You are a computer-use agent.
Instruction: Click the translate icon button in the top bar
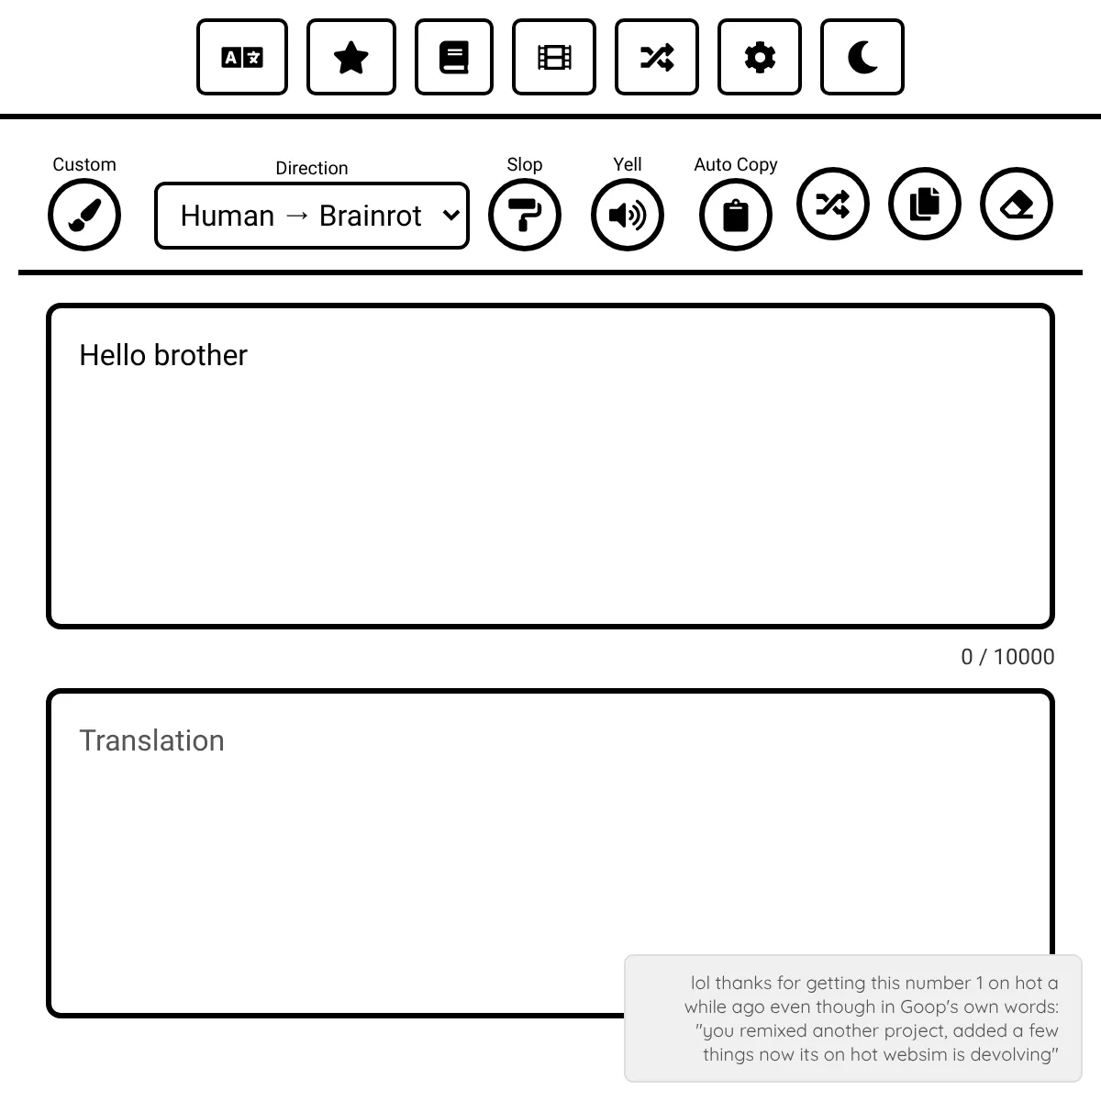pyautogui.click(x=242, y=57)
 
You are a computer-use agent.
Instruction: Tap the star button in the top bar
pyautogui.click(x=351, y=57)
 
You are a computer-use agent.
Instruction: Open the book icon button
pyautogui.click(x=454, y=57)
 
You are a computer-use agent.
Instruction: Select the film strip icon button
pyautogui.click(x=554, y=57)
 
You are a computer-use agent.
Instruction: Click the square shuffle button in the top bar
pyautogui.click(x=657, y=57)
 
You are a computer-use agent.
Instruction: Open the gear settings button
pyautogui.click(x=760, y=57)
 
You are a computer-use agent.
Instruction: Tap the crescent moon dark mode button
pyautogui.click(x=862, y=57)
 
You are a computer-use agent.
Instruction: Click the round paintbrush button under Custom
pyautogui.click(x=84, y=216)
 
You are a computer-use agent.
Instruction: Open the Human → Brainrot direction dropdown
pyautogui.click(x=312, y=216)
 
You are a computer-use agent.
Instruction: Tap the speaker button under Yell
pyautogui.click(x=628, y=216)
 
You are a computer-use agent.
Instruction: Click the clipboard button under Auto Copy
pyautogui.click(x=736, y=216)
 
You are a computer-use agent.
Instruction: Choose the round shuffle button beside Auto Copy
pyautogui.click(x=833, y=204)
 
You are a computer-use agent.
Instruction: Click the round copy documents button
pyautogui.click(x=925, y=204)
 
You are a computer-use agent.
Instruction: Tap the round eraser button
pyautogui.click(x=1017, y=204)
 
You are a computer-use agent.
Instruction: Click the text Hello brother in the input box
pyautogui.click(x=163, y=355)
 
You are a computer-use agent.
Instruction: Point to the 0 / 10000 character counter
pyautogui.click(x=1007, y=657)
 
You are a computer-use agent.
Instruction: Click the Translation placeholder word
pyautogui.click(x=151, y=740)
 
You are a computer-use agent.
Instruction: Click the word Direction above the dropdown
pyautogui.click(x=312, y=168)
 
